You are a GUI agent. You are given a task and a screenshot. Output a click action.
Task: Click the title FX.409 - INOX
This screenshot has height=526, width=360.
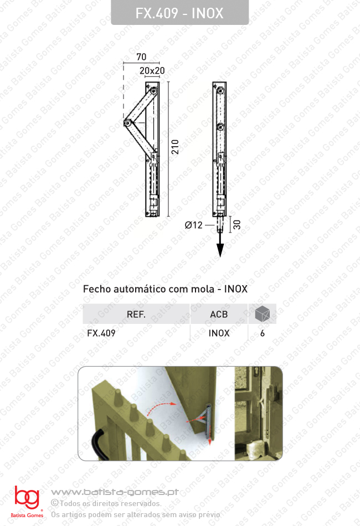pyautogui.click(x=179, y=13)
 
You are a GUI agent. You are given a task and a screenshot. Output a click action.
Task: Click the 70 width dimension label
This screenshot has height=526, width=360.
pyautogui.click(x=141, y=56)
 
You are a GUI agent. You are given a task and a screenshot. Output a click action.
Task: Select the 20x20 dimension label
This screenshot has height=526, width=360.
pyautogui.click(x=152, y=71)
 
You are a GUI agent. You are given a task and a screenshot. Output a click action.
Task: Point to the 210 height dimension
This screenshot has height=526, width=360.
pyautogui.click(x=175, y=147)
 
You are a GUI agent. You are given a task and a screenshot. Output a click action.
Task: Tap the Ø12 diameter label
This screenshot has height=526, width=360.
pyautogui.click(x=193, y=225)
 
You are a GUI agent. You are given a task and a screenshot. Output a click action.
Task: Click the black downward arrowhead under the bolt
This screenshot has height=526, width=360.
pyautogui.click(x=220, y=250)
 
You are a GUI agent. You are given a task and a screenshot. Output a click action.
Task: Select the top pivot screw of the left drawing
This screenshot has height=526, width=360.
pyautogui.click(x=153, y=90)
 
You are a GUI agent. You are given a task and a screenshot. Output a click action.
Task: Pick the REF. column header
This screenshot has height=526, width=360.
pyautogui.click(x=136, y=314)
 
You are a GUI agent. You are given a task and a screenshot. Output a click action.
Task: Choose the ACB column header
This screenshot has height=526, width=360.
pyautogui.click(x=219, y=314)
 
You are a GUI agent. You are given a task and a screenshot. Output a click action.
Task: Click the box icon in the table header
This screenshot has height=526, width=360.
pyautogui.click(x=262, y=314)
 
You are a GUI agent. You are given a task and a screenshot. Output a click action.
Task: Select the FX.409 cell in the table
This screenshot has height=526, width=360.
pyautogui.click(x=101, y=333)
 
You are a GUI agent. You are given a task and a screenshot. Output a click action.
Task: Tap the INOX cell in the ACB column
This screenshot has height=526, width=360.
pyautogui.click(x=219, y=333)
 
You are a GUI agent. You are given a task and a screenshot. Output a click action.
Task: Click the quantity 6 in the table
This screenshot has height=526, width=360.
pyautogui.click(x=262, y=333)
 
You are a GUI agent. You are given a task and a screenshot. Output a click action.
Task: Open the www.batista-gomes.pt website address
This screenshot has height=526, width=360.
pyautogui.click(x=114, y=492)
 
